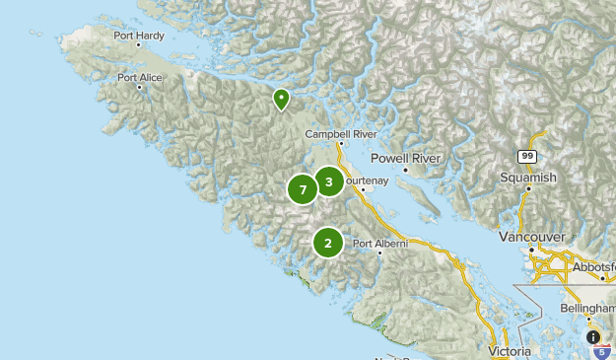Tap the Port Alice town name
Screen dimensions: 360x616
(140, 77)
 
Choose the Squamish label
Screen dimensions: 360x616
(528, 178)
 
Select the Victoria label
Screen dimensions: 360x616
(511, 350)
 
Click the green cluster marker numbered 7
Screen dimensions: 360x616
(303, 188)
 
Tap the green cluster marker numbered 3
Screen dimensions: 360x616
(328, 180)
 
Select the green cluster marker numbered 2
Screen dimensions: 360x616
(327, 242)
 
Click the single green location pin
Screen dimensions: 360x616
(281, 98)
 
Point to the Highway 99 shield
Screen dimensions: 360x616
(527, 156)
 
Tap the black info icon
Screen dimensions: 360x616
(593, 336)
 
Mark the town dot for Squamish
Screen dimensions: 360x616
(528, 188)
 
